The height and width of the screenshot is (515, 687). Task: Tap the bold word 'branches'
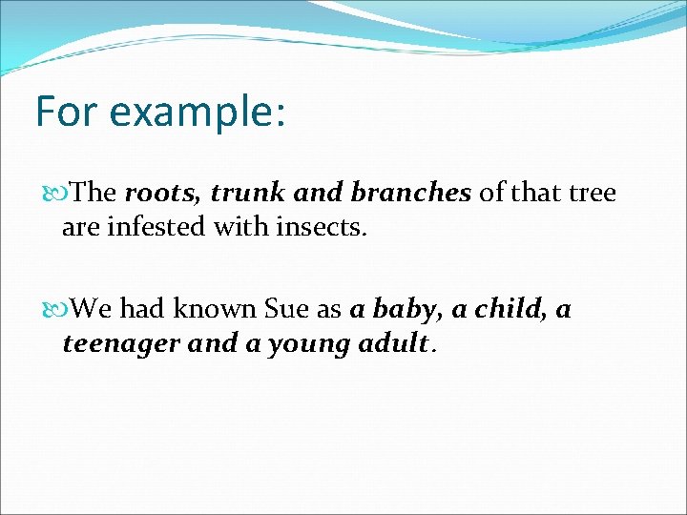click(x=410, y=194)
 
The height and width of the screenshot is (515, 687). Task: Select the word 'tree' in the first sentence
click(x=593, y=194)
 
